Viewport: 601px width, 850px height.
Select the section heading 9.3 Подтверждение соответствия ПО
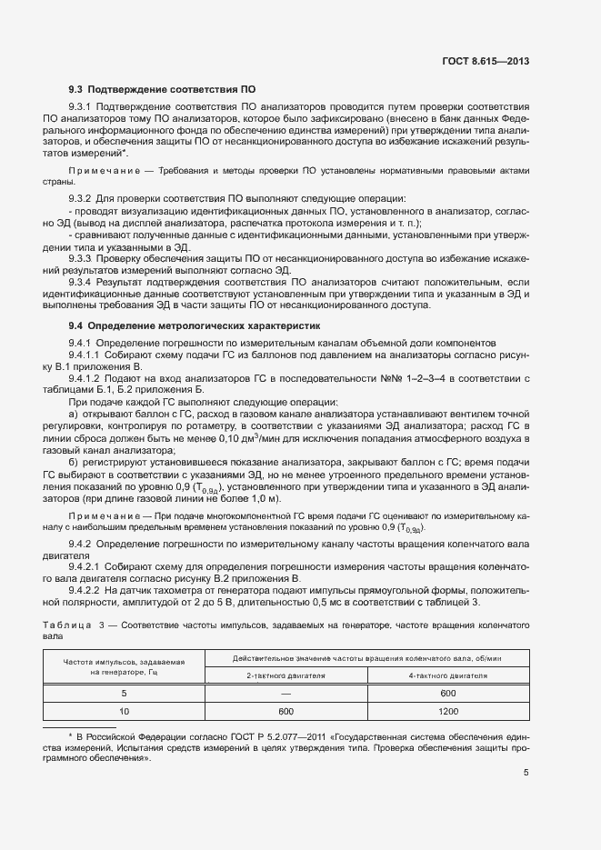163,90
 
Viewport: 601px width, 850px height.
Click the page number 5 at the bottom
526,773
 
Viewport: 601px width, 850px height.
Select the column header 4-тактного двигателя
447,675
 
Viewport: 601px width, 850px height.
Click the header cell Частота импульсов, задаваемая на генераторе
124,666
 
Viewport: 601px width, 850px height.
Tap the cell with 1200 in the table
447,712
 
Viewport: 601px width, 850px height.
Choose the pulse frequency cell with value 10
124,712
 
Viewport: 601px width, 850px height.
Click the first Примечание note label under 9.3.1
102,171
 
